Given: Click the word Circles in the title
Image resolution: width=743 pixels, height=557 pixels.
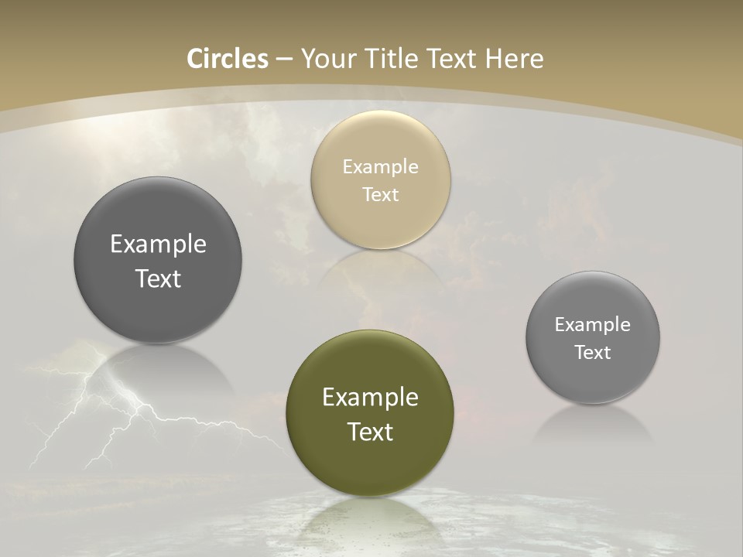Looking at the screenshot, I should [x=227, y=59].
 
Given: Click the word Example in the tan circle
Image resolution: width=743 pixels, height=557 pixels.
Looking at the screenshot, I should [x=380, y=167].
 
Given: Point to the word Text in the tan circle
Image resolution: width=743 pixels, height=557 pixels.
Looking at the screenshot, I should [x=380, y=195].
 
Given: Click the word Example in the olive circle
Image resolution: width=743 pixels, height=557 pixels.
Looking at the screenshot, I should [x=370, y=398].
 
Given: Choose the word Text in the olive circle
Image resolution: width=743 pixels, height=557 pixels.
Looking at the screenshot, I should [x=370, y=432].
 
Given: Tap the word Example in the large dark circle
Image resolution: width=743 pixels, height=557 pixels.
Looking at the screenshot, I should [x=158, y=244].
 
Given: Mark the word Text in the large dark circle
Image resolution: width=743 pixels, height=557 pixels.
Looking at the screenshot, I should [x=158, y=278].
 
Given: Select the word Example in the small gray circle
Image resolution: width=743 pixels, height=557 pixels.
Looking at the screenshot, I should [x=593, y=325].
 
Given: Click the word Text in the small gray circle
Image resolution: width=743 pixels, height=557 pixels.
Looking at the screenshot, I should [x=593, y=353].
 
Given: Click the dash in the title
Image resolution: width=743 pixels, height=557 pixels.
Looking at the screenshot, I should [x=284, y=60].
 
